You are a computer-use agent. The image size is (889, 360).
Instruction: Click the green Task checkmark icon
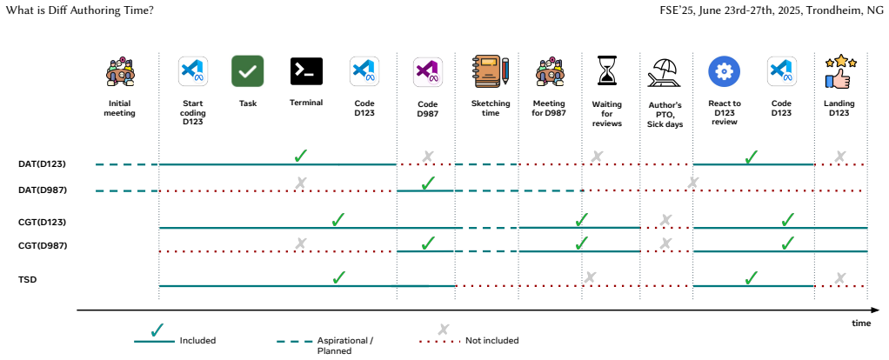[x=248, y=70]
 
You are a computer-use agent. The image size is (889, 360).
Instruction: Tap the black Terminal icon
[x=306, y=70]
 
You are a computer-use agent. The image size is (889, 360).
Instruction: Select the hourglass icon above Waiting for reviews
[x=606, y=70]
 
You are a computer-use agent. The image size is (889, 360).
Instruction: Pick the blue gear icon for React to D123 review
[x=724, y=71]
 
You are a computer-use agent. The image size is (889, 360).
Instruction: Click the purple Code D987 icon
[x=428, y=72]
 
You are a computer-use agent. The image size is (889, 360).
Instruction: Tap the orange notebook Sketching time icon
[x=491, y=71]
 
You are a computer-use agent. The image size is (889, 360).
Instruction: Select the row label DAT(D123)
[x=43, y=164]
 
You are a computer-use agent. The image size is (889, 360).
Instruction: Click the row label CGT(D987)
[x=43, y=246]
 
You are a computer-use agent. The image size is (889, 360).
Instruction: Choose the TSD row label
[x=27, y=279]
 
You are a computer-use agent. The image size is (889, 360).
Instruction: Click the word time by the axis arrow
[x=860, y=323]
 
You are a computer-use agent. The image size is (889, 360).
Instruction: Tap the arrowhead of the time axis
[x=875, y=310]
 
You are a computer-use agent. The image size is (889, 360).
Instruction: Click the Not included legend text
[x=492, y=341]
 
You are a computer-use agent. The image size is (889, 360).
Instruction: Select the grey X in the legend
[x=444, y=330]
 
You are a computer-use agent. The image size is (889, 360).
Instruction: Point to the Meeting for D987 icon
[x=550, y=71]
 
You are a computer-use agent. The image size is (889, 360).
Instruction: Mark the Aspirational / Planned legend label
[x=344, y=346]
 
